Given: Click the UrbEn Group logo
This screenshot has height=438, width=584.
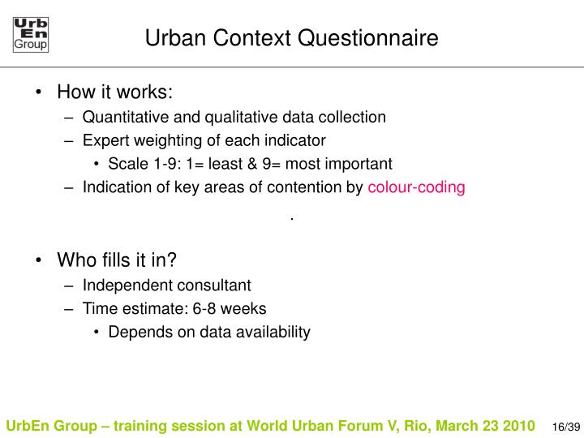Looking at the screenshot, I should [31, 35].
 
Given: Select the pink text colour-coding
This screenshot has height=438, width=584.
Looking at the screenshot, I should [416, 187].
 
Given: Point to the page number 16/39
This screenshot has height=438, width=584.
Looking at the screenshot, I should [565, 427].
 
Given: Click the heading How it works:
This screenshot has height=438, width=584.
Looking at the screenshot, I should [115, 92].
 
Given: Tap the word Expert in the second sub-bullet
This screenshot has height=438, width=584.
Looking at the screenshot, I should [104, 140].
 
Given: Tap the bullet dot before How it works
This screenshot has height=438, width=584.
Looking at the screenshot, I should [40, 92].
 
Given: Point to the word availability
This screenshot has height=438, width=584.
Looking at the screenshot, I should [273, 332].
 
